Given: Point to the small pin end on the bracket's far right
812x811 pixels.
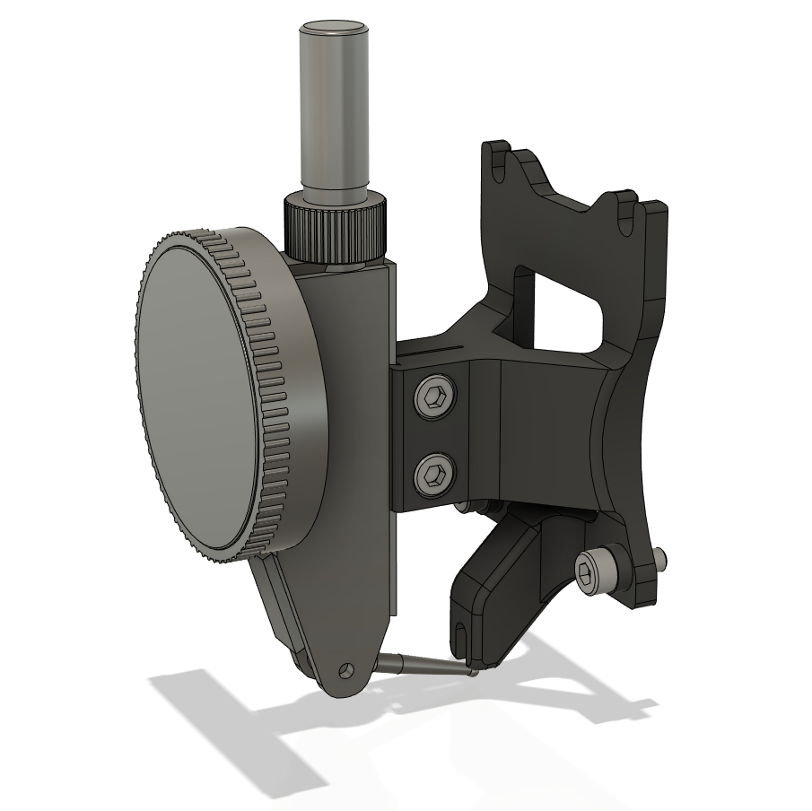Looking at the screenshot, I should (x=660, y=559).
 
